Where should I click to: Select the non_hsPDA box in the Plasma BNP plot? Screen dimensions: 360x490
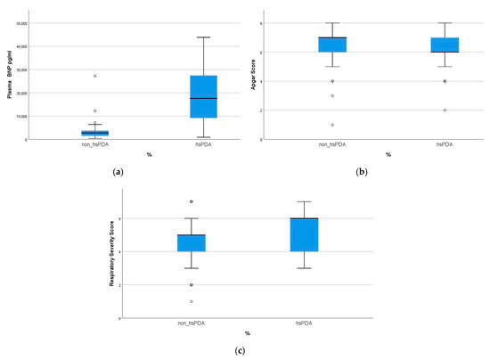(95, 133)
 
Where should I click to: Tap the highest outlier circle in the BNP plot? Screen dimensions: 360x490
(95, 76)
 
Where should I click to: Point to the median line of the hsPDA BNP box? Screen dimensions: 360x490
(203, 98)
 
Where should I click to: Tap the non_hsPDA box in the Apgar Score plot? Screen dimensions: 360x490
(332, 45)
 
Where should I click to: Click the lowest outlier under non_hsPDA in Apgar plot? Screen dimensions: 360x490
(332, 125)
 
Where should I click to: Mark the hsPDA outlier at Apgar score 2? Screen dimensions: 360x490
(445, 110)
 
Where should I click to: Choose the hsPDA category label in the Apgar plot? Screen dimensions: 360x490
(445, 144)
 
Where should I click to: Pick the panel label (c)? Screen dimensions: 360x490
(240, 350)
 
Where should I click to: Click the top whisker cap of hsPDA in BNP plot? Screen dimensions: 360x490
(203, 37)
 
